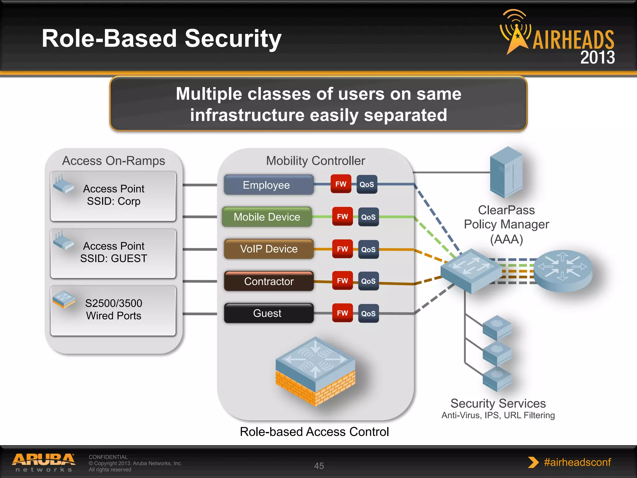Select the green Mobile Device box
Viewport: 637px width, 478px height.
click(x=267, y=217)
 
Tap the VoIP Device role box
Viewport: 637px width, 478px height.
click(x=269, y=249)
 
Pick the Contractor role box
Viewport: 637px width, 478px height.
click(x=269, y=281)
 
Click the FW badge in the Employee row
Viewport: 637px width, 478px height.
click(x=341, y=184)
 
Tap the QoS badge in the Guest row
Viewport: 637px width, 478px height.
click(x=368, y=313)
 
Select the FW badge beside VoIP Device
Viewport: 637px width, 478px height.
click(x=342, y=249)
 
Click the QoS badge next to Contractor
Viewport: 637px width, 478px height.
click(x=368, y=281)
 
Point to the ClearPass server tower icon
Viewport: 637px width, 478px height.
click(x=506, y=172)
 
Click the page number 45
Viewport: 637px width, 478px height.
click(x=319, y=466)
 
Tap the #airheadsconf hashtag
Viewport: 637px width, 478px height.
click(x=577, y=462)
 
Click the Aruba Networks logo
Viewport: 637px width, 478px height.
click(x=44, y=462)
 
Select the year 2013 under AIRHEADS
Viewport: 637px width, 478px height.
click(x=597, y=58)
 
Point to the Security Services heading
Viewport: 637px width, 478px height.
click(x=498, y=403)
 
